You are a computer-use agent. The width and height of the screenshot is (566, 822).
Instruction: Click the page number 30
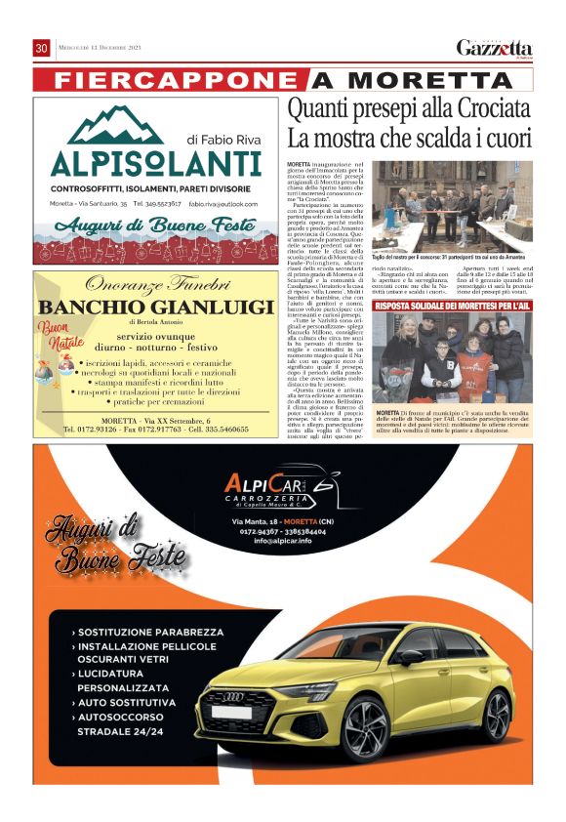click(x=41, y=48)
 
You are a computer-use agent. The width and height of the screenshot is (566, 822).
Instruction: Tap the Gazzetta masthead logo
click(x=494, y=49)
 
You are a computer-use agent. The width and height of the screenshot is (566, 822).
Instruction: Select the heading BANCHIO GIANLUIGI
click(x=155, y=308)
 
